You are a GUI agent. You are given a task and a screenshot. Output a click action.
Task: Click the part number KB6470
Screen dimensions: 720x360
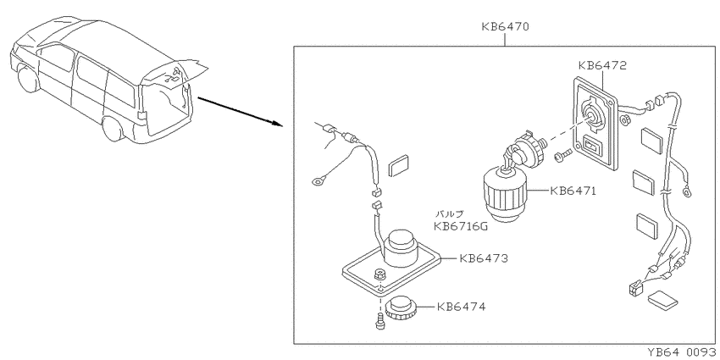(x=505, y=26)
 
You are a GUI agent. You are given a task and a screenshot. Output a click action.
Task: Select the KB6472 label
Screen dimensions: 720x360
(x=602, y=66)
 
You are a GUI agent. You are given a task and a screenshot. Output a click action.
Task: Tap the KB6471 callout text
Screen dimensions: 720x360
(x=573, y=191)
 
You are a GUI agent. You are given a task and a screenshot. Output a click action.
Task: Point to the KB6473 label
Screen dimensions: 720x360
(x=484, y=258)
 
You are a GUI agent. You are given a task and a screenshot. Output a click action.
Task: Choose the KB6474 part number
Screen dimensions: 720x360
(x=461, y=307)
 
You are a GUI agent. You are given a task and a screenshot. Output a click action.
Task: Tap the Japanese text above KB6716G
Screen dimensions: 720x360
(x=450, y=213)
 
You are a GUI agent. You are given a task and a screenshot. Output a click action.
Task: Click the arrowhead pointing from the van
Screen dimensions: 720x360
(x=276, y=124)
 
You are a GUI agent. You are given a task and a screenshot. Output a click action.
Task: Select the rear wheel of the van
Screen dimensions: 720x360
(x=113, y=129)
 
